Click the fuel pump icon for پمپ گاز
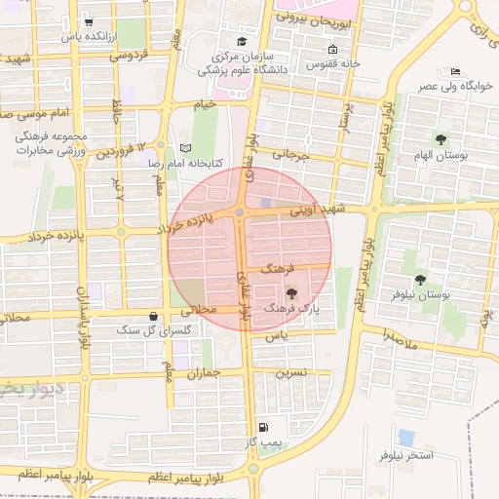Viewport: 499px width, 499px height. click(262, 428)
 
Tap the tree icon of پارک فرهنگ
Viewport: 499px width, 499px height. click(291, 292)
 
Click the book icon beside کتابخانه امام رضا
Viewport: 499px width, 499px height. click(186, 148)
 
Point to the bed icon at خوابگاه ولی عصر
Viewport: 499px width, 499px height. click(456, 71)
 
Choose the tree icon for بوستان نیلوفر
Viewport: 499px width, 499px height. click(420, 280)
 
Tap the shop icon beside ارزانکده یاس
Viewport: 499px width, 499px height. click(89, 21)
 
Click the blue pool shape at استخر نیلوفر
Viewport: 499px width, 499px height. click(405, 438)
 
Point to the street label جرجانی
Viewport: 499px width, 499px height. click(289, 155)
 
